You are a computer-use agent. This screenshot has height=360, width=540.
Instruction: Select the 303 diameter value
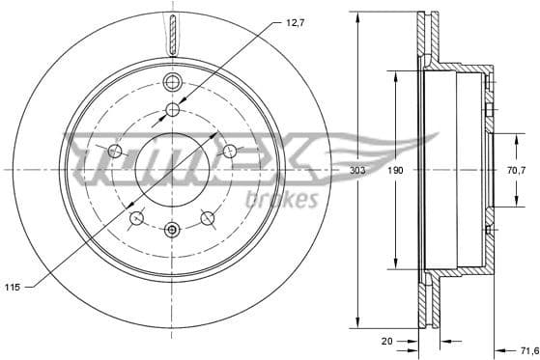[356, 169]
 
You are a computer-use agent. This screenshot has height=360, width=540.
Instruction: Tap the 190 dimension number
[395, 169]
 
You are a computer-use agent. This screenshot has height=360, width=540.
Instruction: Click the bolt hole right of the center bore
[230, 151]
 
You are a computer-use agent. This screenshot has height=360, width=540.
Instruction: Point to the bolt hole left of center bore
[115, 151]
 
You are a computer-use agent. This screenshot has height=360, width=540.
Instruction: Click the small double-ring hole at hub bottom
[172, 229]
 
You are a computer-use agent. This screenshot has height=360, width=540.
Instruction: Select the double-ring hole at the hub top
[173, 80]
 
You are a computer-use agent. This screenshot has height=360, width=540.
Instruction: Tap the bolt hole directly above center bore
[173, 109]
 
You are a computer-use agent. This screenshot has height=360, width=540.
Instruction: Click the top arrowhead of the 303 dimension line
[356, 15]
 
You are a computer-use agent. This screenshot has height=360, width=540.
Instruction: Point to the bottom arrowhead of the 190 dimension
[395, 265]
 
